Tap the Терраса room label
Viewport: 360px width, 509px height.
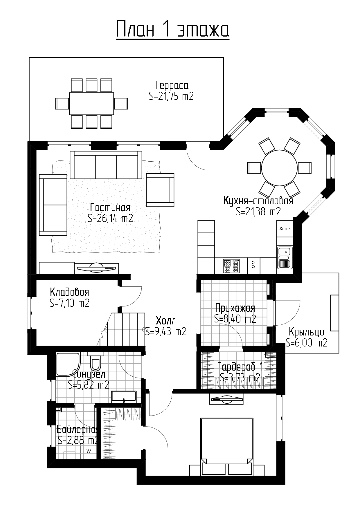pos(171,85)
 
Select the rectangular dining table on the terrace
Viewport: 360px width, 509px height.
pos(91,103)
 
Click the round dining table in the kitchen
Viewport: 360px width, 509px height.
pos(280,168)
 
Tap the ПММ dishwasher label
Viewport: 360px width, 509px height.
pos(253,266)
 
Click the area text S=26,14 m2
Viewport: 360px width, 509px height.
pos(110,218)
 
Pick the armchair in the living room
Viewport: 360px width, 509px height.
pos(160,190)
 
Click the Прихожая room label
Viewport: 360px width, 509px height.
pos(235,308)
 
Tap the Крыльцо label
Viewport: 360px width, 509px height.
pos(306,332)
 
